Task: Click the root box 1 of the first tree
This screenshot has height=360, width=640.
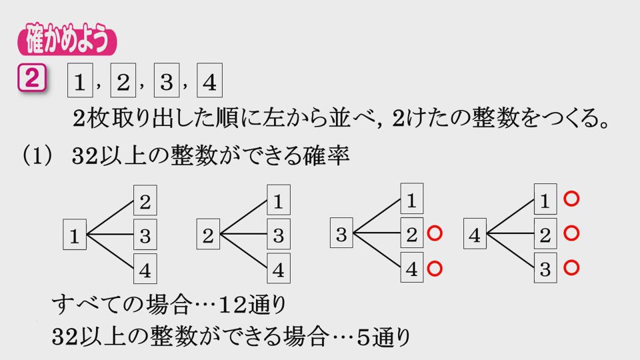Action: click(75, 235)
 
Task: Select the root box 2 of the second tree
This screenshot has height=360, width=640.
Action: click(208, 235)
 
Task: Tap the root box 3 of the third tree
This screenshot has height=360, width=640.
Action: click(341, 235)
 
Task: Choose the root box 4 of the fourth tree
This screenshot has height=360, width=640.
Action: click(475, 235)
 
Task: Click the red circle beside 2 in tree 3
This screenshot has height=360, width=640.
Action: click(434, 234)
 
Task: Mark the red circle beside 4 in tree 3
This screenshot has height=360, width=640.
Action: click(434, 269)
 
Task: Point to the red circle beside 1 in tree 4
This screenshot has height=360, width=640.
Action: click(570, 199)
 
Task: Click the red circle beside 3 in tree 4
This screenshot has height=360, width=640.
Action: click(570, 269)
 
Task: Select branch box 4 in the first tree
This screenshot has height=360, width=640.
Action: click(145, 270)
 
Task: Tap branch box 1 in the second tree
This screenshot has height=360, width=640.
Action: click(279, 199)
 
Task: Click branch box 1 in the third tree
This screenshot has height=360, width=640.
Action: click(411, 199)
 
